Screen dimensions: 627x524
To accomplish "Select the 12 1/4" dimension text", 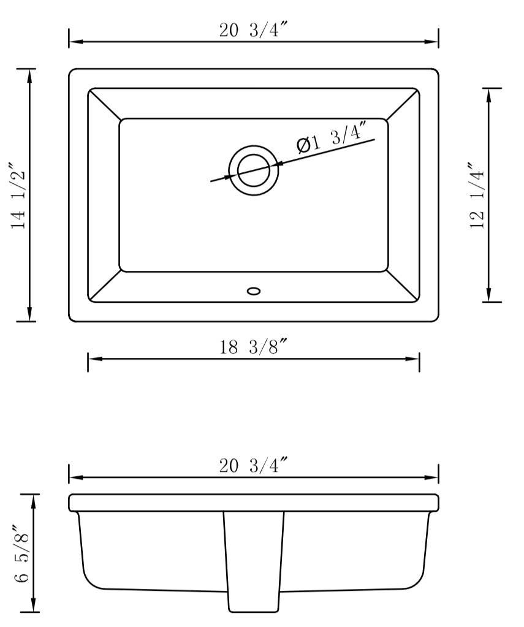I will pyautogui.click(x=478, y=196).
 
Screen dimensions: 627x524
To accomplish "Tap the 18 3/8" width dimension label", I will pyautogui.click(x=253, y=348).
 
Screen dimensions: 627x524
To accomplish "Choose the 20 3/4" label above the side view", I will pyautogui.click(x=253, y=466).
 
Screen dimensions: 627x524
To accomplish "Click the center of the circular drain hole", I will pyautogui.click(x=253, y=170).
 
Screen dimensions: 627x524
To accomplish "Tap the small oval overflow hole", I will pyautogui.click(x=253, y=291).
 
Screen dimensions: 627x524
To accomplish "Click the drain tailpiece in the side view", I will pyautogui.click(x=253, y=561).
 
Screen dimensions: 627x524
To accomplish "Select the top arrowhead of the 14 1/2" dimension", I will pyautogui.click(x=29, y=75).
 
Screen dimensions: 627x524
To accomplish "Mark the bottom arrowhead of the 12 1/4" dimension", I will pyautogui.click(x=488, y=295).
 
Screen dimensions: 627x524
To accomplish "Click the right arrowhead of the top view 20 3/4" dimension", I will pyautogui.click(x=432, y=42).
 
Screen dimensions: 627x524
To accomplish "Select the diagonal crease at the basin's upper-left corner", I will pyautogui.click(x=104, y=104).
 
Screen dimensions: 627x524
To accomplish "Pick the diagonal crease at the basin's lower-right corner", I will pyautogui.click(x=403, y=286).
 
